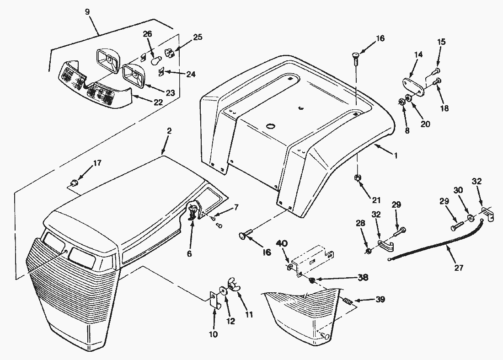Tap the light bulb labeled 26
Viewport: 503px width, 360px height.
tap(155, 60)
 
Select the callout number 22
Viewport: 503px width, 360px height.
tap(158, 102)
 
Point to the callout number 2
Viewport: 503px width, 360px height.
tap(169, 131)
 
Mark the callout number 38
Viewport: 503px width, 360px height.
tap(363, 277)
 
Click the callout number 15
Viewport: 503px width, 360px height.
tap(441, 42)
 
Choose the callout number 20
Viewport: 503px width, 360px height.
tap(425, 124)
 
